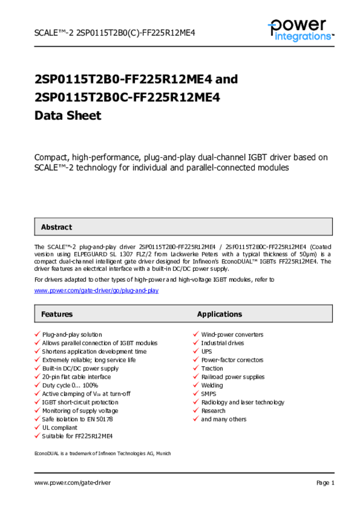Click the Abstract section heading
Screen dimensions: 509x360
point(56,227)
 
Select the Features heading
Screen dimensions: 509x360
point(57,314)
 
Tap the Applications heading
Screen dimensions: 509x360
point(219,314)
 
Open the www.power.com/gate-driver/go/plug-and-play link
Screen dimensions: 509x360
point(96,290)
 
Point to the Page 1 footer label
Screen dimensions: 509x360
point(325,483)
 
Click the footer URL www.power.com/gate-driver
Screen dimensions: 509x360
point(73,483)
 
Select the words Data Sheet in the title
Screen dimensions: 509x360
point(68,115)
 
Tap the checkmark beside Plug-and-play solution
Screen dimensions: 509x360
point(37,335)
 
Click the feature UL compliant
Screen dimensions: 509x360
point(60,427)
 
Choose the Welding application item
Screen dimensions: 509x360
point(212,385)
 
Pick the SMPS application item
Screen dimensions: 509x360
point(208,394)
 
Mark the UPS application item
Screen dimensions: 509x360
point(206,351)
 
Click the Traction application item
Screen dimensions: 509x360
point(212,368)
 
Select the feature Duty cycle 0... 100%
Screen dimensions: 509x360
point(70,385)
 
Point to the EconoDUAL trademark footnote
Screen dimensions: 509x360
point(102,453)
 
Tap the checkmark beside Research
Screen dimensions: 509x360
point(196,411)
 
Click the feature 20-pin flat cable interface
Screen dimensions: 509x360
point(77,377)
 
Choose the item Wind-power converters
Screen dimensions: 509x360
point(232,335)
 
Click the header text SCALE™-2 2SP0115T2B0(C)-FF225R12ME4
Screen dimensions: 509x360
point(114,33)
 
